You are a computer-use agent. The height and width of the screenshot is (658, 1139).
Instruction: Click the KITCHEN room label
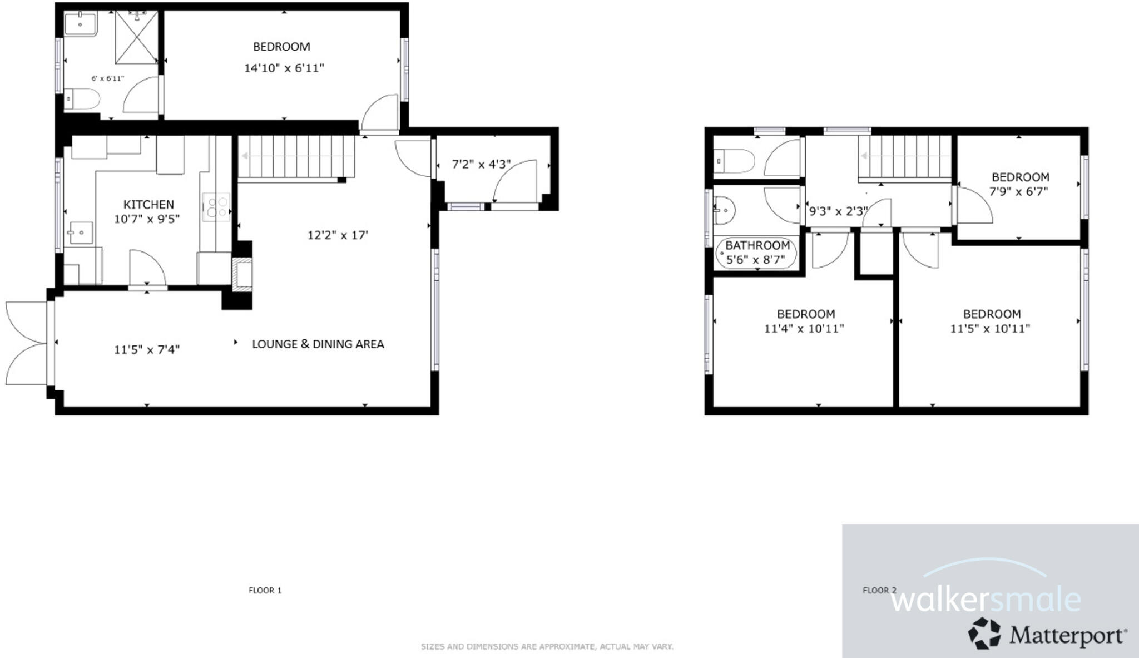tap(148, 205)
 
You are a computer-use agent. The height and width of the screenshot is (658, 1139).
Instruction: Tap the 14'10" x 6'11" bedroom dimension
tap(284, 68)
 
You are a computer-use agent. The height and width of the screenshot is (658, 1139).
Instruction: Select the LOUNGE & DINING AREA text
tap(318, 344)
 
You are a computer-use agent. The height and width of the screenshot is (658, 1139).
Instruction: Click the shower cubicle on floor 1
tap(136, 37)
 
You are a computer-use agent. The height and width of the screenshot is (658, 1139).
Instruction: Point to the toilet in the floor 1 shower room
tap(82, 100)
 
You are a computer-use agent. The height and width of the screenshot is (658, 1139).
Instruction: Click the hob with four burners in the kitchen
tap(216, 206)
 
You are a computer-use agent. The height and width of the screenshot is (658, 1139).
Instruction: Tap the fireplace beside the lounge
tap(242, 274)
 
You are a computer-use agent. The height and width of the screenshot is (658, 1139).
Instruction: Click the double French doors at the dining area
tap(27, 343)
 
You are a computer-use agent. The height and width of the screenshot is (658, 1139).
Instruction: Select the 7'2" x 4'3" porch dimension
tap(481, 165)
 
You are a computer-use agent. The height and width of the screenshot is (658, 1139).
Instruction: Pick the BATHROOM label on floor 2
tap(757, 245)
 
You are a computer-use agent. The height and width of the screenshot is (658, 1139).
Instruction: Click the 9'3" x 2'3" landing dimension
tap(838, 211)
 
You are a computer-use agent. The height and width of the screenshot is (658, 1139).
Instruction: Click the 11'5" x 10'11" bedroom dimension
tap(989, 329)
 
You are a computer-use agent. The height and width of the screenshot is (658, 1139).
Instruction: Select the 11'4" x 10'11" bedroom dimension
tap(804, 329)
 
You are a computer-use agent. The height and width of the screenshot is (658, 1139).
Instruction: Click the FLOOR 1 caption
tap(265, 590)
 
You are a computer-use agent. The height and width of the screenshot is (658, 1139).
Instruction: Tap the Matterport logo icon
tap(984, 634)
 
